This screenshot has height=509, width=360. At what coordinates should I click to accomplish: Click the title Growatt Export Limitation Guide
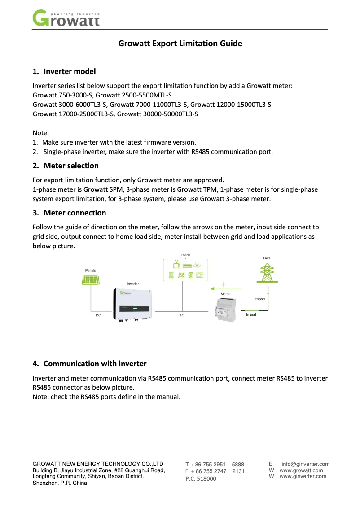(x=180, y=44)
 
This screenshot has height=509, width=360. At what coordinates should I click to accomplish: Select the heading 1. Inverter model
(x=64, y=71)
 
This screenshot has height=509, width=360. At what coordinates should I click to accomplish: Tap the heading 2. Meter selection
(x=66, y=166)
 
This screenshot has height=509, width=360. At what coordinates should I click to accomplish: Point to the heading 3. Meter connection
(x=69, y=213)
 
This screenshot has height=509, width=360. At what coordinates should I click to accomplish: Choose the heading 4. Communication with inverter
(x=90, y=364)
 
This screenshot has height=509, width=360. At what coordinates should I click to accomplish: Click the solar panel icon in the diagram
(x=91, y=280)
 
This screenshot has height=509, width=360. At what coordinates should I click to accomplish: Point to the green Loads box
(x=185, y=270)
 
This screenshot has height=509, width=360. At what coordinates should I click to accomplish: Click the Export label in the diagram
(x=260, y=299)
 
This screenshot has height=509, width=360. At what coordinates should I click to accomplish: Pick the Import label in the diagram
(x=251, y=315)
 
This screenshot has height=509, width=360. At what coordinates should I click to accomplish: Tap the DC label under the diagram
(x=98, y=316)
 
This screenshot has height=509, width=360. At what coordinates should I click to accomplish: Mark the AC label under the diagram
(x=182, y=316)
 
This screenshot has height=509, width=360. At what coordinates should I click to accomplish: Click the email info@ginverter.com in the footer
(x=305, y=464)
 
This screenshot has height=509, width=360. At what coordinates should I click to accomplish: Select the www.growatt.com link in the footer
(x=301, y=470)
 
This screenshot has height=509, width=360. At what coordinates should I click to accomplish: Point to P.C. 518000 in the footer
(x=201, y=479)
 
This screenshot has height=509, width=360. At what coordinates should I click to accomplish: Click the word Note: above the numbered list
(x=41, y=133)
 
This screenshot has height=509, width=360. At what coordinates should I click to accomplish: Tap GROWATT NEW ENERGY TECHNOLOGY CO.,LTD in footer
(x=98, y=464)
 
